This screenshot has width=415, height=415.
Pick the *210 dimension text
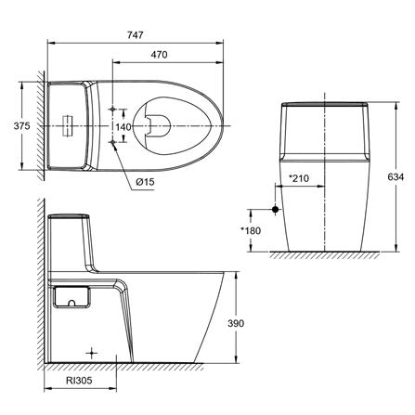tap(300, 179)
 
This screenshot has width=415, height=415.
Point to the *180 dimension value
tap(252, 229)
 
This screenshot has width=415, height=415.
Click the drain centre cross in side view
tap(91, 354)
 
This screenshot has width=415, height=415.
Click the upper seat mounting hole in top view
tap(112, 107)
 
